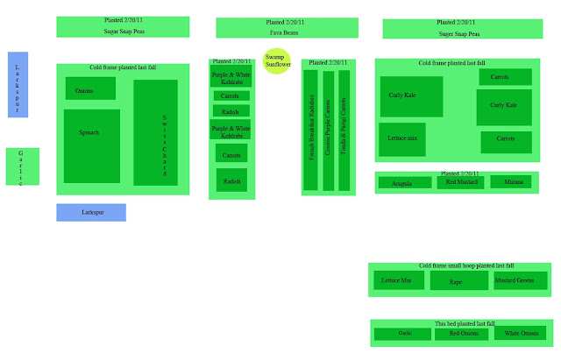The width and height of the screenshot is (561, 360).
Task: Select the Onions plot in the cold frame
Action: point(90,89)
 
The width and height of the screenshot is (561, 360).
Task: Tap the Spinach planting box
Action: point(91,145)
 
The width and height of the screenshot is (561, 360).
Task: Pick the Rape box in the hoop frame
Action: point(458,281)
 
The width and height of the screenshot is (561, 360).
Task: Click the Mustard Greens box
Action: point(514,280)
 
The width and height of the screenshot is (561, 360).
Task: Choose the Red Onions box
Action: point(460,334)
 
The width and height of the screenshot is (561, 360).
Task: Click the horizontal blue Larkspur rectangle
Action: point(91,213)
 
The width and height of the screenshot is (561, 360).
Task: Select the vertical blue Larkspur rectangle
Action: point(18,84)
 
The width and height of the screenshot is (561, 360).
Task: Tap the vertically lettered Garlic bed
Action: point(22,166)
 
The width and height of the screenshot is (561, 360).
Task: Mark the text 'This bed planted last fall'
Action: point(461,324)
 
